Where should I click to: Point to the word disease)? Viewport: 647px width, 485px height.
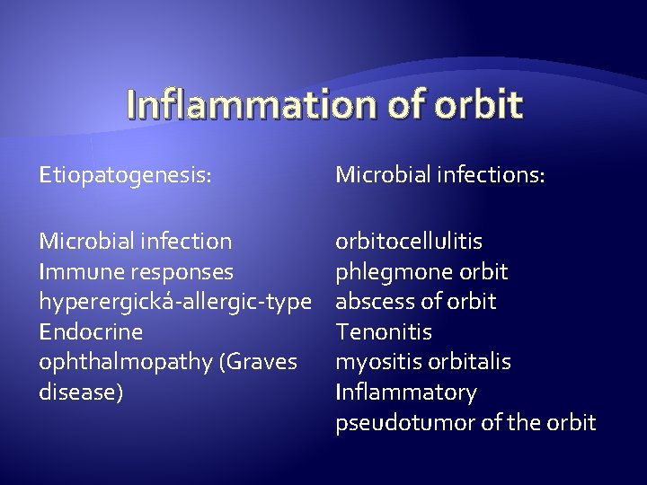coord(81,392)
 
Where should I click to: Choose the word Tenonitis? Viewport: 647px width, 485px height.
coord(384,331)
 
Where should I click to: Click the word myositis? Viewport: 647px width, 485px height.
coord(373,362)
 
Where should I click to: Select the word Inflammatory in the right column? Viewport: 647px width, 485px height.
coord(406,392)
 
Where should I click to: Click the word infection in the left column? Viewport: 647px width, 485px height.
coord(184,242)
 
